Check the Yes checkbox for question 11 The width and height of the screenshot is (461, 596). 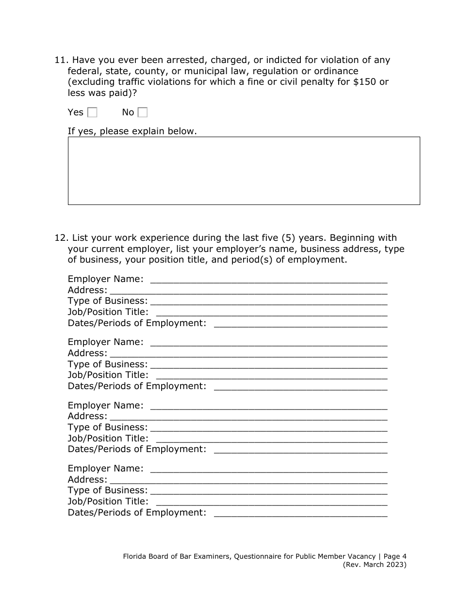pyautogui.click(x=92, y=112)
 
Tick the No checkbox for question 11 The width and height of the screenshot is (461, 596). pyautogui.click(x=143, y=112)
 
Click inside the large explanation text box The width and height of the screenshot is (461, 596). pyautogui.click(x=244, y=171)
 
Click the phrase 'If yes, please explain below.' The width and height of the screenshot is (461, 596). pyautogui.click(x=132, y=131)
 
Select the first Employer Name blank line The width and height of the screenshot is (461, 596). pyautogui.click(x=269, y=280)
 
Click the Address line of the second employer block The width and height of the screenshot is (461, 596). pyautogui.click(x=248, y=354)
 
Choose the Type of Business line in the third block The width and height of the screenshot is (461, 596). pyautogui.click(x=269, y=428)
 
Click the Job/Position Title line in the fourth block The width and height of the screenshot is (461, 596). pyautogui.click(x=272, y=502)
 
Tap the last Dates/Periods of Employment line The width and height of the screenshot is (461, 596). pyautogui.click(x=300, y=513)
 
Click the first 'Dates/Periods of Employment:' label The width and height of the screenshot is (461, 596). pyautogui.click(x=137, y=323)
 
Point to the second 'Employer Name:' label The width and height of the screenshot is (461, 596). pyautogui.click(x=105, y=342)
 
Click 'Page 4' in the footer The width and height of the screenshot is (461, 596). pyautogui.click(x=395, y=557)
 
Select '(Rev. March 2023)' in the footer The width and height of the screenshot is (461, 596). pyautogui.click(x=375, y=565)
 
